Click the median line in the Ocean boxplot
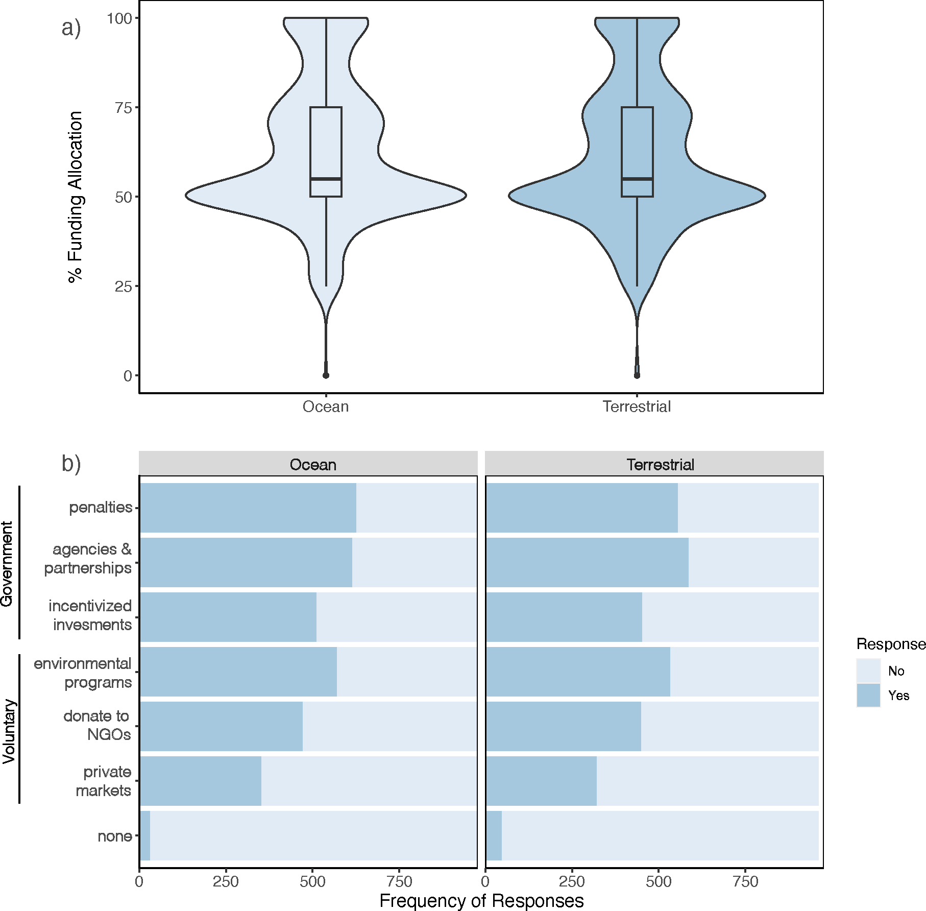pyautogui.click(x=326, y=179)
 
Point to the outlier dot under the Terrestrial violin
pyautogui.click(x=637, y=375)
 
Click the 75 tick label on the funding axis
pyautogui.click(x=123, y=108)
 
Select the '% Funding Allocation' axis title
pyautogui.click(x=76, y=197)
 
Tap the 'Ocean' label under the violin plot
pyautogui.click(x=326, y=407)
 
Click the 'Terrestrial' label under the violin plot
pyautogui.click(x=637, y=407)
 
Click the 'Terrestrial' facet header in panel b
pyautogui.click(x=660, y=465)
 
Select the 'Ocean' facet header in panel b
pyautogui.click(x=313, y=465)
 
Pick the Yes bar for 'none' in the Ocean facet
pyautogui.click(x=145, y=836)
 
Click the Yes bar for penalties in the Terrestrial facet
pyautogui.click(x=581, y=508)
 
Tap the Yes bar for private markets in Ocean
pyautogui.click(x=200, y=781)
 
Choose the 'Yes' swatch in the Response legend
pyautogui.click(x=868, y=696)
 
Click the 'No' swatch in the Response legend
pyautogui.click(x=868, y=670)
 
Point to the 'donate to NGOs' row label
pyautogui.click(x=97, y=725)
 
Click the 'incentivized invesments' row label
pyautogui.click(x=90, y=615)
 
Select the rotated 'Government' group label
pyautogui.click(x=7, y=563)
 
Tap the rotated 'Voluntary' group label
pyautogui.click(x=9, y=731)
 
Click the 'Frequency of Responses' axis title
pyautogui.click(x=481, y=901)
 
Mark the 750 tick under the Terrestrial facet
pyautogui.click(x=745, y=881)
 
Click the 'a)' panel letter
pyautogui.click(x=71, y=28)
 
